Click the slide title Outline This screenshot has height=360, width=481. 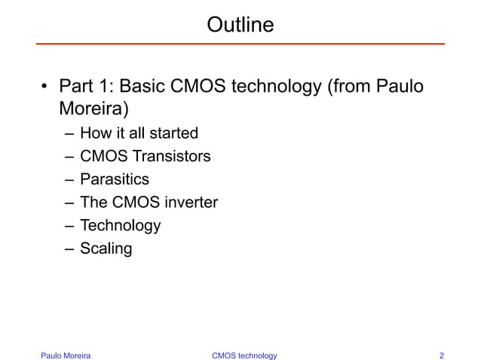click(240, 25)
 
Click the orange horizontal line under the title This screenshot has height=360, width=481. click(240, 44)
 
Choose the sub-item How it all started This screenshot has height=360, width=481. click(139, 133)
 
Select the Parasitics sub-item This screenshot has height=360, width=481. click(115, 179)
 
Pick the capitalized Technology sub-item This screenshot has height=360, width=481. click(121, 225)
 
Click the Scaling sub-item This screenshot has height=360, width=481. click(106, 249)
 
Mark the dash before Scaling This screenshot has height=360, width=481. click(69, 249)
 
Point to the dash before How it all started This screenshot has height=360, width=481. click(69, 133)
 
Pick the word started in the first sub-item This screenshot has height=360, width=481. click(173, 133)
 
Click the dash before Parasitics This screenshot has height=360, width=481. click(69, 179)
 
